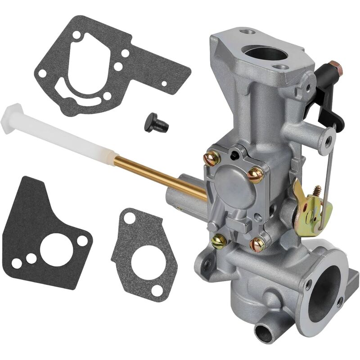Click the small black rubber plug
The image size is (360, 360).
(156, 122)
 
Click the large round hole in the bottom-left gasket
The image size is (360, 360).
(56, 249)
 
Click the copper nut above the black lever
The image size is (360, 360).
(335, 68)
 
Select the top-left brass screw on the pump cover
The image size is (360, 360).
(212, 157)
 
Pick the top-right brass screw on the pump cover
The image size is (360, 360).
(256, 174)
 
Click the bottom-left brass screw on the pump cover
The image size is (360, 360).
(219, 242)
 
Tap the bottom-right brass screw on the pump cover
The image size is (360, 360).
(258, 244)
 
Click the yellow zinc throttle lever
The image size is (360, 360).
(310, 205)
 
